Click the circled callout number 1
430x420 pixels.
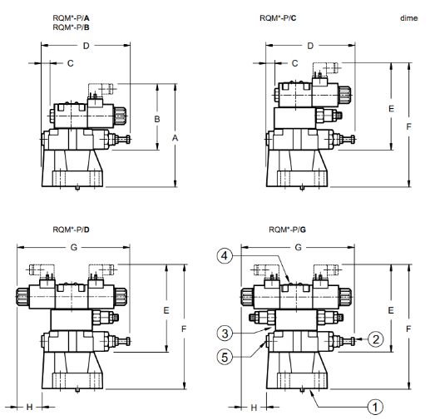click(375, 407)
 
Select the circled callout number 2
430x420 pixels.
click(376, 339)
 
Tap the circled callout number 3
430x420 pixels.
click(225, 334)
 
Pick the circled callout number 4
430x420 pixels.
click(225, 255)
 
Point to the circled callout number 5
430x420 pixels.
click(225, 357)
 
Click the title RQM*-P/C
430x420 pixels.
click(278, 18)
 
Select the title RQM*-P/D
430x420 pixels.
click(71, 230)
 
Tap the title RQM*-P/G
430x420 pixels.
click(287, 230)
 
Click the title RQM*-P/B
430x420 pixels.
click(71, 27)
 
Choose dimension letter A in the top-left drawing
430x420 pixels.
click(175, 138)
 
